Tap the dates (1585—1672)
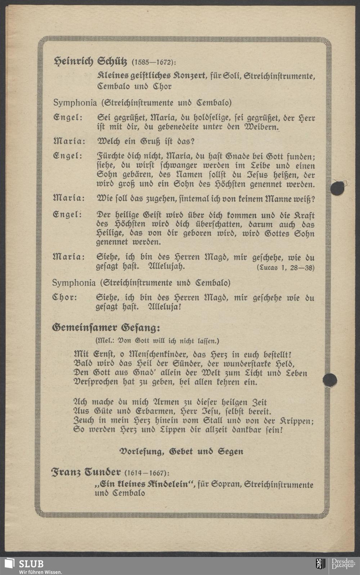[x=154, y=62]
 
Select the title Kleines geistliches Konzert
[x=151, y=76]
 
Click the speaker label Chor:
[x=65, y=298]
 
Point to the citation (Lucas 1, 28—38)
[x=285, y=268]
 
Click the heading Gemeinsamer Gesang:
[x=106, y=327]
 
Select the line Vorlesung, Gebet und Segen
[x=181, y=451]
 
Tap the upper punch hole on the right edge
[x=337, y=188]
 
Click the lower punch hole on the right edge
[x=330, y=380]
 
